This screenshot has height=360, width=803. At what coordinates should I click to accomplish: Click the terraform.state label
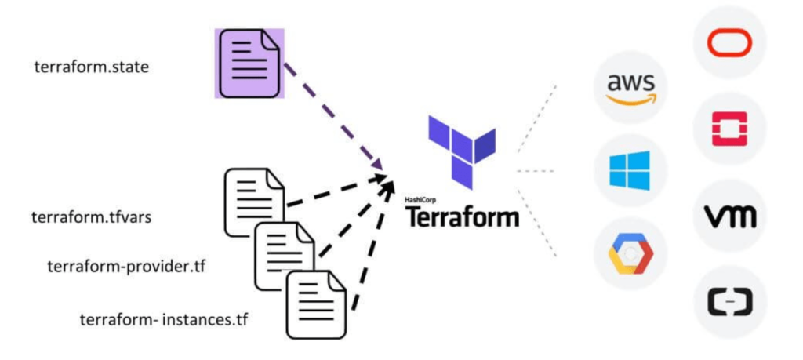[91, 67]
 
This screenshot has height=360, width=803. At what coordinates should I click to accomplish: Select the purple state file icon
[249, 64]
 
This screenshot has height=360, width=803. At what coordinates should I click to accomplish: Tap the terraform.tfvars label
[91, 216]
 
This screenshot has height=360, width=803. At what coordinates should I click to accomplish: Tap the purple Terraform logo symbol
[462, 149]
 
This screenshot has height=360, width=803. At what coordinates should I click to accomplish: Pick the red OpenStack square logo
[729, 128]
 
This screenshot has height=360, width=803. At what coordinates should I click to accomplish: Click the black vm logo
[729, 215]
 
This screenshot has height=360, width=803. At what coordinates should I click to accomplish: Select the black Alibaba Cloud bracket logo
[729, 301]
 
